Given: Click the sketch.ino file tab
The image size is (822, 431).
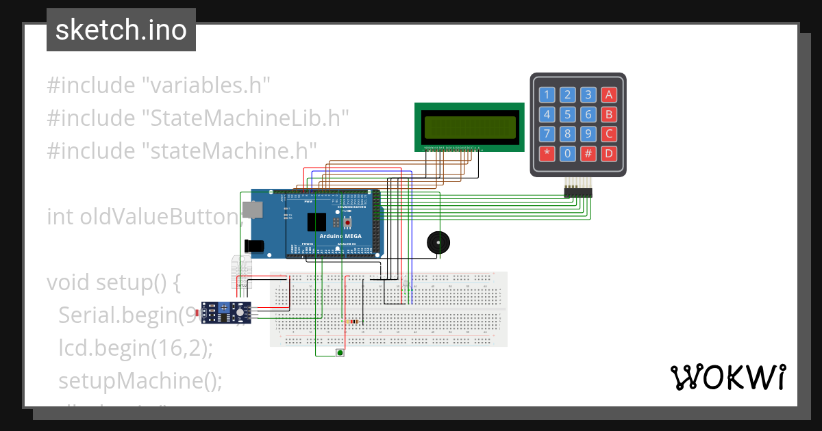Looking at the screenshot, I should click(x=121, y=30).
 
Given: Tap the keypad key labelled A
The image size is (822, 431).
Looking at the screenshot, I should click(x=608, y=94).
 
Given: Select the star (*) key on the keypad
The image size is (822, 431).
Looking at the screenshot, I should click(x=547, y=153).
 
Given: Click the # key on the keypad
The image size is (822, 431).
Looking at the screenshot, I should click(x=588, y=153).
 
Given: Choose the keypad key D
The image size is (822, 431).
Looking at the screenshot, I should click(x=608, y=153).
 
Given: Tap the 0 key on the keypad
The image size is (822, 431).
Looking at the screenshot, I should click(x=567, y=153).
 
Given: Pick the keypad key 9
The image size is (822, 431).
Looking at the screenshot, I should click(x=588, y=133).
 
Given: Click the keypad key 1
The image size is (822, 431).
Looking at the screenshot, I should click(x=547, y=94).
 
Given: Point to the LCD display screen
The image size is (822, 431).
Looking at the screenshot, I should click(x=470, y=127).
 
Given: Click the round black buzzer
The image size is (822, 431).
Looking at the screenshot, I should click(x=438, y=244).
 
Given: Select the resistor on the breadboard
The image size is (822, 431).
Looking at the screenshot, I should click(x=353, y=322).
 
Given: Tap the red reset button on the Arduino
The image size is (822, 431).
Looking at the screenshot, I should click(x=348, y=222).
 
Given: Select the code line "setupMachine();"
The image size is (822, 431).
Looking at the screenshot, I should click(x=140, y=380).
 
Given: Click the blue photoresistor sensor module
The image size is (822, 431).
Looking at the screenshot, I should click(x=225, y=313).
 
